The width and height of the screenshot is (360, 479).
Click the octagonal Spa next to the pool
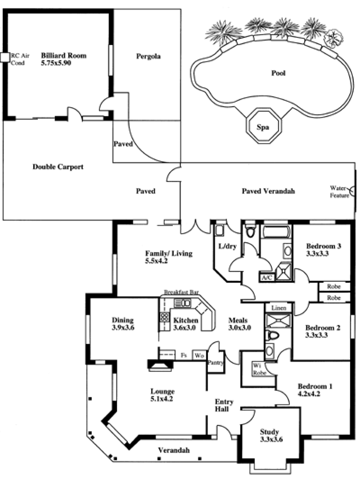[263, 127]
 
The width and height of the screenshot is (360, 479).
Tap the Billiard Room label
[63, 56]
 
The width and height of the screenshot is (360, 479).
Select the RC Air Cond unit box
[4, 57]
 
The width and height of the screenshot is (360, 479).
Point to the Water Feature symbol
[353, 192]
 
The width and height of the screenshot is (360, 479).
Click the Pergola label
[148, 57]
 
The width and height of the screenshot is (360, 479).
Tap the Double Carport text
[58, 167]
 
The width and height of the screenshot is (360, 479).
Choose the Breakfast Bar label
[181, 292]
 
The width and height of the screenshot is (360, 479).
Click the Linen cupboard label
[278, 308]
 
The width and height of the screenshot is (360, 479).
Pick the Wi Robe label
[258, 369]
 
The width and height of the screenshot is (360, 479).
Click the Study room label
[270, 432]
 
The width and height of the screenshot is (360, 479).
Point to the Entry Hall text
[222, 406]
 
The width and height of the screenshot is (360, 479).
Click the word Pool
[279, 73]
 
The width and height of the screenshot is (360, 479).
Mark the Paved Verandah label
[268, 191]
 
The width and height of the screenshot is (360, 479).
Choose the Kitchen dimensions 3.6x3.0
[184, 328]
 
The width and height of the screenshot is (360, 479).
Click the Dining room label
[122, 320]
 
